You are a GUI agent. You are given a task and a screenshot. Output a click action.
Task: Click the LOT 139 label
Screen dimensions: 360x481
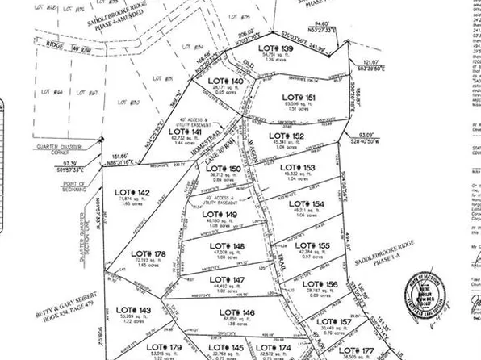[275, 49]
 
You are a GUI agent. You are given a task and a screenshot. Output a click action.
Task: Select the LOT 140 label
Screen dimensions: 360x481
[225, 82]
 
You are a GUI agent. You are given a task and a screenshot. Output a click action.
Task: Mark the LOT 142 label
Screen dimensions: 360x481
[133, 191]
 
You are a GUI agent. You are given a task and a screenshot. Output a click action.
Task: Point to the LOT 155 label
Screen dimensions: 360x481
[312, 245]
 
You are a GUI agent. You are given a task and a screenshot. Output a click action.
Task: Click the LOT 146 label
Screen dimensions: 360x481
[237, 312]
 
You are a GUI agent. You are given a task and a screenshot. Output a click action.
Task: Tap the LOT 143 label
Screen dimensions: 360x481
[133, 310]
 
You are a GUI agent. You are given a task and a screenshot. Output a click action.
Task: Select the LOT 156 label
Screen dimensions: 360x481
[320, 283]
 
